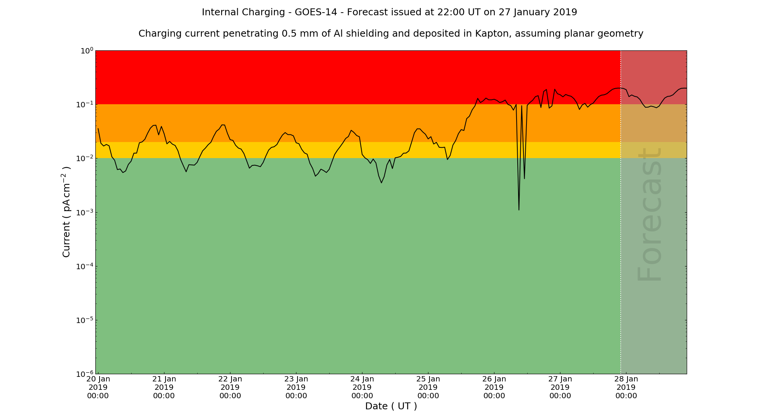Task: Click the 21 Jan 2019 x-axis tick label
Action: (164, 387)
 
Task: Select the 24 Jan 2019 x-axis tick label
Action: (362, 387)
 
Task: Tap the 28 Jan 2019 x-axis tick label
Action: (626, 387)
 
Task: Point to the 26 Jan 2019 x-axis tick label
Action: (494, 387)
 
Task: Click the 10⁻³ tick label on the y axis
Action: (84, 212)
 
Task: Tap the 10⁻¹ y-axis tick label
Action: (84, 105)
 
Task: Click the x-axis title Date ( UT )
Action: (391, 406)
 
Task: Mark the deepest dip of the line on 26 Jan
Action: (519, 210)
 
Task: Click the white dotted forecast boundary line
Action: (621, 229)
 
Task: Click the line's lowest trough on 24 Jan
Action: (381, 183)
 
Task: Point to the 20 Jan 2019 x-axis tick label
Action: (98, 387)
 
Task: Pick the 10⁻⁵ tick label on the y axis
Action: (84, 320)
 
